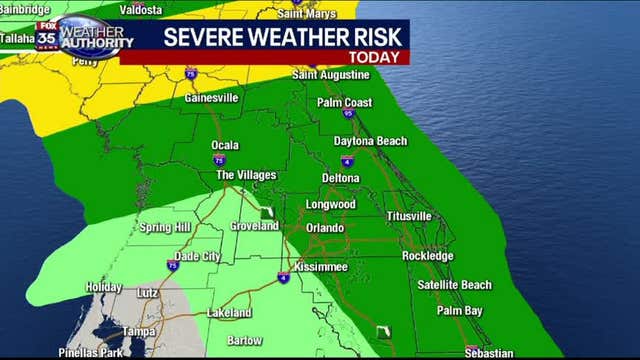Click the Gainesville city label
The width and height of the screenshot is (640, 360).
[211, 98]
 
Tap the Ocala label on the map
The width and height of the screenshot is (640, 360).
[225, 145]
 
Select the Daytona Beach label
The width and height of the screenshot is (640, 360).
[370, 141]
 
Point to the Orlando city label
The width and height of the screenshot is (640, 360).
[325, 228]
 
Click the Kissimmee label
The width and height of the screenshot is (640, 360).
[320, 268]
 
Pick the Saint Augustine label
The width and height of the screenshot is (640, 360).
[331, 75]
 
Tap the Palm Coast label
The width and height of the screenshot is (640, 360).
[344, 102]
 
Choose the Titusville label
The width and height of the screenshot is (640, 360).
[409, 216]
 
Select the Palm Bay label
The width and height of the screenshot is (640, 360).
[459, 311]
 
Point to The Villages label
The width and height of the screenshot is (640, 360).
[246, 175]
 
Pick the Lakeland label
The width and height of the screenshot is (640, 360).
[229, 313]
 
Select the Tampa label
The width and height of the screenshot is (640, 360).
[138, 331]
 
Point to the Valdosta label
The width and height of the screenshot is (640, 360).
[142, 8]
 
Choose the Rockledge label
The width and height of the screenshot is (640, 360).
[427, 256]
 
